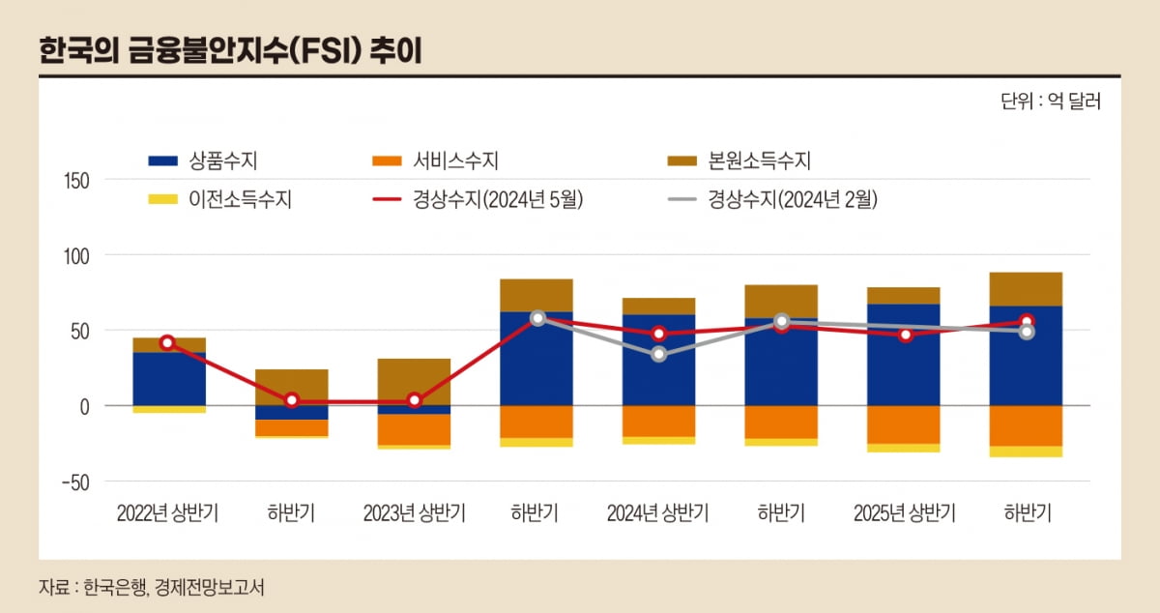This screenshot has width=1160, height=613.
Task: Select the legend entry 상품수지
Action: tap(208, 161)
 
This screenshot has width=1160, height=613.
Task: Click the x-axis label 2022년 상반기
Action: tap(167, 513)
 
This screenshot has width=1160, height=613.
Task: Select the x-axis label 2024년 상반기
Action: tap(657, 513)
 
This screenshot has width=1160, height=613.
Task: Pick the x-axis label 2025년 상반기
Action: tap(904, 513)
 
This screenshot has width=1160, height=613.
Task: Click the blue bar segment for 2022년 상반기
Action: tap(169, 379)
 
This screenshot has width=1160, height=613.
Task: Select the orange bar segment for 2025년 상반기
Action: tap(903, 424)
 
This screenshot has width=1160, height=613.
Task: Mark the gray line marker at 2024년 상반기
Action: tap(658, 355)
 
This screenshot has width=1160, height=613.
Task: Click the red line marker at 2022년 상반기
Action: tap(168, 343)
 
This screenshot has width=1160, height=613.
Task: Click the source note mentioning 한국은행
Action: tap(152, 587)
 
